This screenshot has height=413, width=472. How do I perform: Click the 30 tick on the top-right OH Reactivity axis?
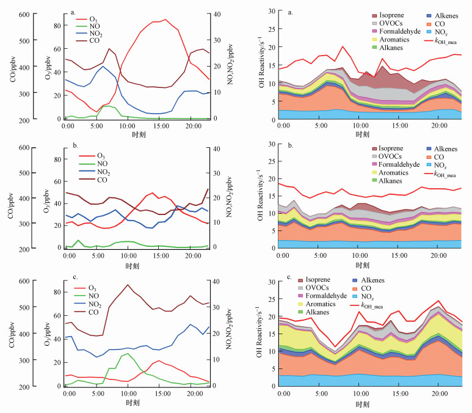270,11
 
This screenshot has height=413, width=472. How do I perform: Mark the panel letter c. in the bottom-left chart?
74,277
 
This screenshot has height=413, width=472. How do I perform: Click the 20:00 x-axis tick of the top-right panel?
439,125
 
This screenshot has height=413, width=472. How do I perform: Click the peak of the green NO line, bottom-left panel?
127,353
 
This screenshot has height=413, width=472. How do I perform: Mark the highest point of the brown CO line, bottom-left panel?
128,285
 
